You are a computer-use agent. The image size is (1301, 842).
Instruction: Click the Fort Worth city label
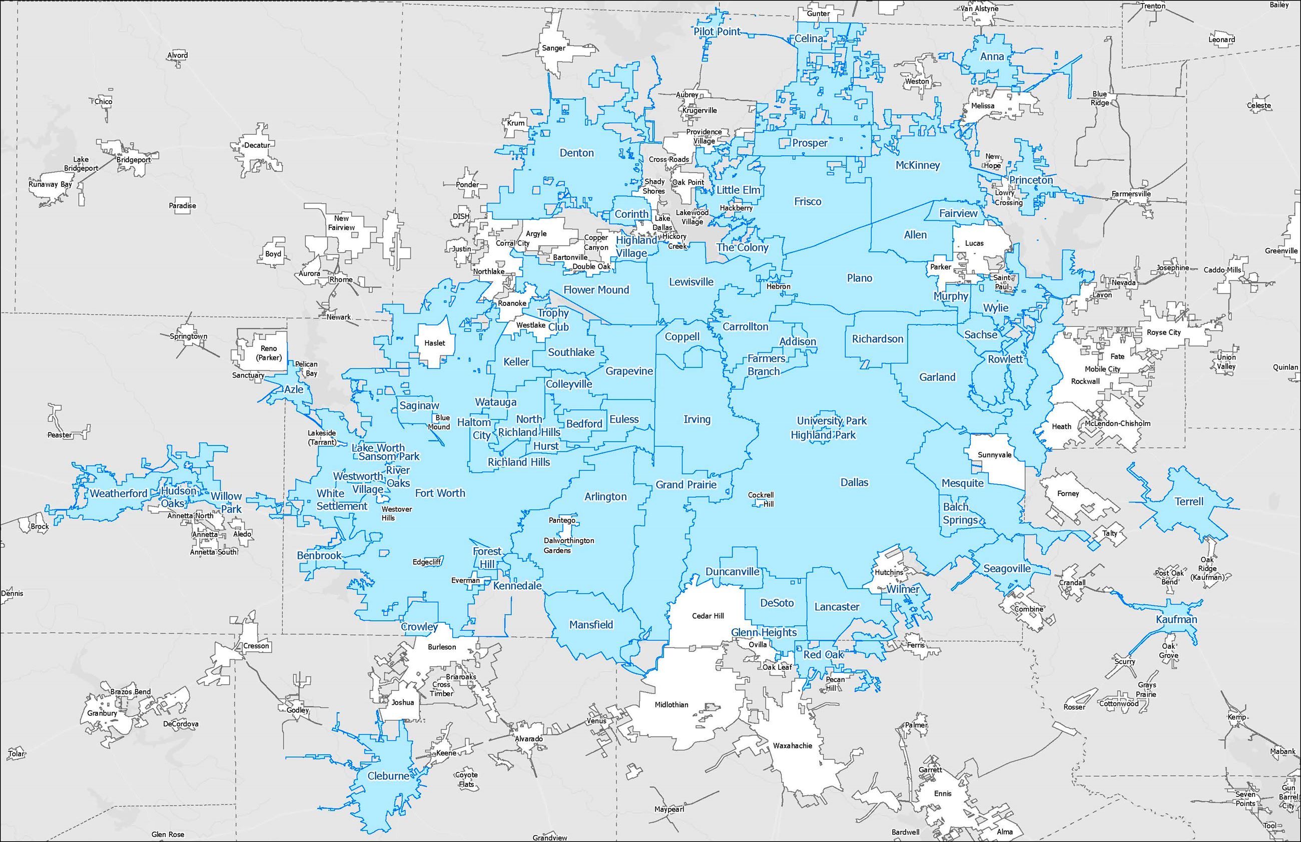click(440, 493)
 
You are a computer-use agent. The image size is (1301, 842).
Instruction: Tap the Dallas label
click(854, 482)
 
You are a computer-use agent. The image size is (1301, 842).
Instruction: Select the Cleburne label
click(388, 776)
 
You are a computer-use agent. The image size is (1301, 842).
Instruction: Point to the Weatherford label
click(119, 493)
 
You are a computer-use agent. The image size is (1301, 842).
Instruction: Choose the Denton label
click(576, 153)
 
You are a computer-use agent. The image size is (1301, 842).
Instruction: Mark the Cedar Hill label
click(708, 616)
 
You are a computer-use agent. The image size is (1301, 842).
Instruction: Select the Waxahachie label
click(792, 746)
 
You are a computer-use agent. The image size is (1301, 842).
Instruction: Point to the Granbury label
click(102, 713)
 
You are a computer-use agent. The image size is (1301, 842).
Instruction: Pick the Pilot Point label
click(717, 32)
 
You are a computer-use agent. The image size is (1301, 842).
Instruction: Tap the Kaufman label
click(1176, 619)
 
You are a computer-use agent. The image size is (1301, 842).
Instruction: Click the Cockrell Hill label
click(761, 499)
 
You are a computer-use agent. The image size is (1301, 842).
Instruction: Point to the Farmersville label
click(1131, 194)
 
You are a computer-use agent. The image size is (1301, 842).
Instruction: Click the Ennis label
click(943, 793)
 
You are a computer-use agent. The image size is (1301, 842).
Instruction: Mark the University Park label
click(832, 420)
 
